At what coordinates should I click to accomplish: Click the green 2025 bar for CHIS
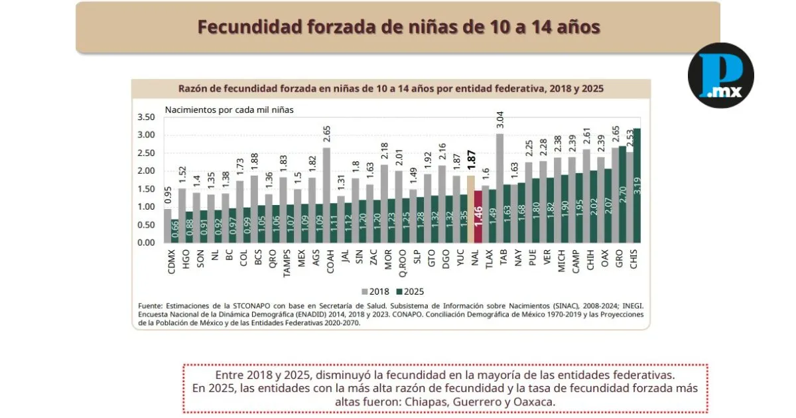[x=637, y=185]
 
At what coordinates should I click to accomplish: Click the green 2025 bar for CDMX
[x=175, y=230]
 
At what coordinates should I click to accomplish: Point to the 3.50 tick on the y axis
[x=145, y=117]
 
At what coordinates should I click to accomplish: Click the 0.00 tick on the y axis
[x=145, y=243]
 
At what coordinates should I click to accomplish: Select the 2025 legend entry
[x=409, y=291]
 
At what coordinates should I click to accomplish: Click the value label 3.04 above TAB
[x=499, y=120]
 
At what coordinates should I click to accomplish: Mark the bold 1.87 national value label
[x=470, y=161]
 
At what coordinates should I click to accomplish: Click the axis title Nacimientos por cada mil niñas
[x=229, y=109]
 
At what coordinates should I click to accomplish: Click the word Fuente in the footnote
[x=151, y=306]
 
